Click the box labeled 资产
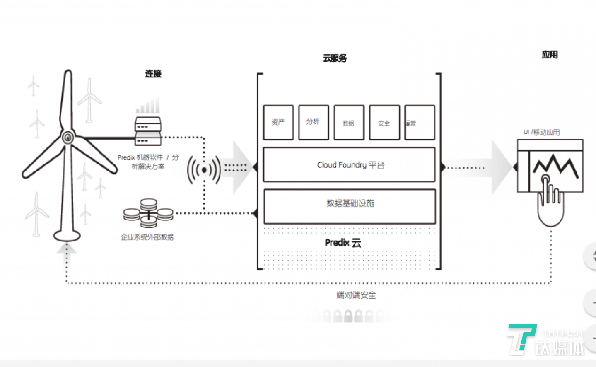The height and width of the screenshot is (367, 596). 278,122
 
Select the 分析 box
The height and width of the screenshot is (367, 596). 314,122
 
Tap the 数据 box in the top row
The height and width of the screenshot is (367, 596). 349,123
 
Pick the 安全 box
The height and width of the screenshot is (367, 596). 384,123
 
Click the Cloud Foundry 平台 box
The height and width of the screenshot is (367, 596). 349,165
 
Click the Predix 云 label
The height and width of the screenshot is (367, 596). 343,243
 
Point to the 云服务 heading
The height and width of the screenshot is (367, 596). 335,58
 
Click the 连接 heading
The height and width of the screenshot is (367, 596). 153,74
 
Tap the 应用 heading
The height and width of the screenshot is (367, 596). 550,55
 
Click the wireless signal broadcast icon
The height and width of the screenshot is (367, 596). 204,170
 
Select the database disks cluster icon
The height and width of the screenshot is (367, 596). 148,213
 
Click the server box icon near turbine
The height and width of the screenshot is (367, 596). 148,131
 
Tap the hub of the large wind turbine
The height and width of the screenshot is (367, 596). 68,137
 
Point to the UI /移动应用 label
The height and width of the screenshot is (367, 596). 541,132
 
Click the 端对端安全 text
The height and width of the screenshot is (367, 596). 356,295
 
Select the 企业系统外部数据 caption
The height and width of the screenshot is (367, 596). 147,237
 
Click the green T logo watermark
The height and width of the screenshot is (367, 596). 521,339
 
